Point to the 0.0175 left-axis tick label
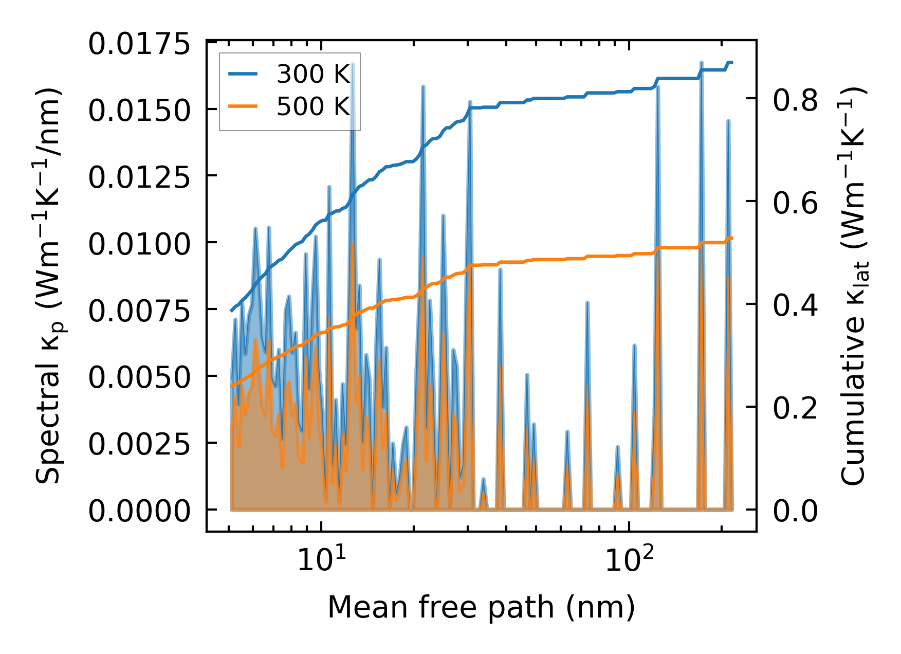click(x=139, y=44)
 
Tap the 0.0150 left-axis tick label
click(x=139, y=111)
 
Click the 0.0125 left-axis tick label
click(x=139, y=177)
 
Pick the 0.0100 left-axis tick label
click(x=139, y=244)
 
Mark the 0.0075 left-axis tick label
click(x=139, y=311)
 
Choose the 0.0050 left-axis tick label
click(x=139, y=377)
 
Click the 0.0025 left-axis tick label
click(x=139, y=444)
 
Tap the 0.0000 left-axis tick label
click(x=139, y=511)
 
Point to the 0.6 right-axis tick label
click(x=795, y=203)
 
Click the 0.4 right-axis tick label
click(x=795, y=305)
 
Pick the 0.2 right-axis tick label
click(x=795, y=408)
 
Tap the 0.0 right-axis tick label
click(x=795, y=511)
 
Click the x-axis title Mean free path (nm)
click(x=481, y=607)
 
